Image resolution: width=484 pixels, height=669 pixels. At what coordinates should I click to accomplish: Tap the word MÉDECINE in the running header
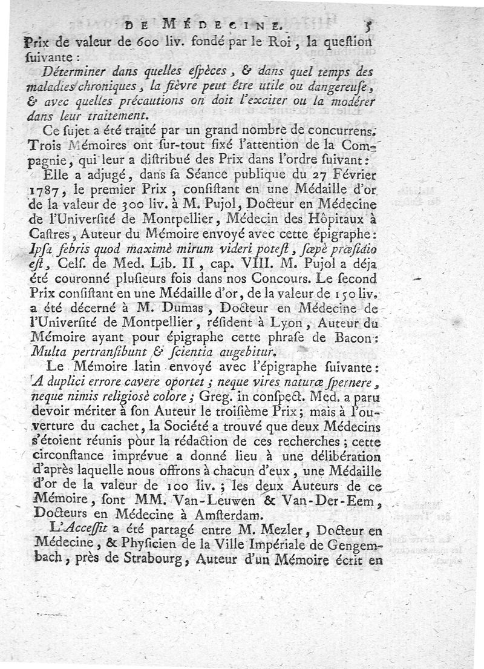[x=221, y=26]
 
